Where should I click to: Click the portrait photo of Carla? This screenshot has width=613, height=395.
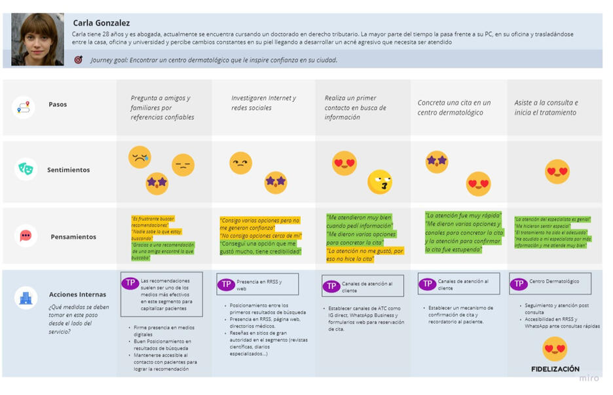tap(37, 40)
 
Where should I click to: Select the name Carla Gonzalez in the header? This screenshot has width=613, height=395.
tap(101, 23)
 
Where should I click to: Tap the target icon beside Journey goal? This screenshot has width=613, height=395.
tap(79, 60)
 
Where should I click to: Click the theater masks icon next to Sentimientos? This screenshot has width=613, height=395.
tap(26, 169)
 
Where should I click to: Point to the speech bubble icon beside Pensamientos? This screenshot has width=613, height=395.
tap(26, 236)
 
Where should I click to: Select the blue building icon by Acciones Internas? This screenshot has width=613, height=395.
tap(26, 298)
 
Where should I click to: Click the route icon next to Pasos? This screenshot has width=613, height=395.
tap(24, 107)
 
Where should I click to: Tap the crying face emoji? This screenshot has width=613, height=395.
tap(139, 157)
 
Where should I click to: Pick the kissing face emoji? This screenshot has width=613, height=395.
tap(379, 182)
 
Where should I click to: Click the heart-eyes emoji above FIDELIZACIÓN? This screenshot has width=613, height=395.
tap(555, 348)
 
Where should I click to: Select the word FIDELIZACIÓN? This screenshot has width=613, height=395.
tap(555, 369)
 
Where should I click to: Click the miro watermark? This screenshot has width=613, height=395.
tap(588, 378)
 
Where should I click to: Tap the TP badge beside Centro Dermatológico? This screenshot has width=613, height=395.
tap(519, 284)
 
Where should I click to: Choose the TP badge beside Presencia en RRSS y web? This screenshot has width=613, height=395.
tap(226, 284)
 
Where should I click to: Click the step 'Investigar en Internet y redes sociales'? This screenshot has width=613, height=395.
tap(263, 103)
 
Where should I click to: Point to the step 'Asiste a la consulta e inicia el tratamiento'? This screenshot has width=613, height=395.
tap(546, 107)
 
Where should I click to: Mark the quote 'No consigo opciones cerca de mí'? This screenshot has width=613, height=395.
tap(261, 236)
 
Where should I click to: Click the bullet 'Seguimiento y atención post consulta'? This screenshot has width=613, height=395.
tap(557, 309)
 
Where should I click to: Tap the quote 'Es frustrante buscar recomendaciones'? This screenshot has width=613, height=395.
tap(153, 221)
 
